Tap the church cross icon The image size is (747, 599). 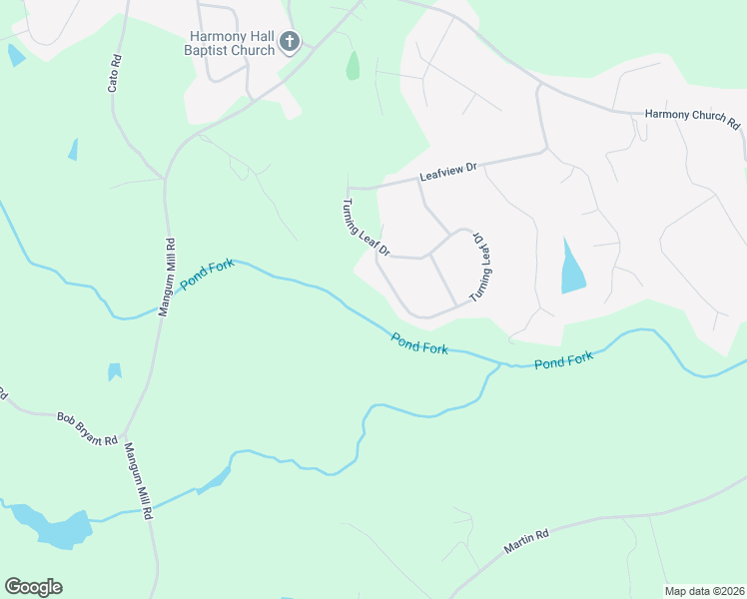point(290,41)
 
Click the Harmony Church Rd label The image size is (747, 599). point(692,118)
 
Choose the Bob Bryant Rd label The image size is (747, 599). point(87,428)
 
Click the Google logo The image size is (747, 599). point(33,587)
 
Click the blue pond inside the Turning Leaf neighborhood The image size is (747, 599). point(572,268)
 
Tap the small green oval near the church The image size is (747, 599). point(353,66)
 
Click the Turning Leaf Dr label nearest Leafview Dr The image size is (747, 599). point(366,229)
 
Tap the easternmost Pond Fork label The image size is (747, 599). point(564,359)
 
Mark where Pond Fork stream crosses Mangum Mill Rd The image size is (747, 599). point(160,308)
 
